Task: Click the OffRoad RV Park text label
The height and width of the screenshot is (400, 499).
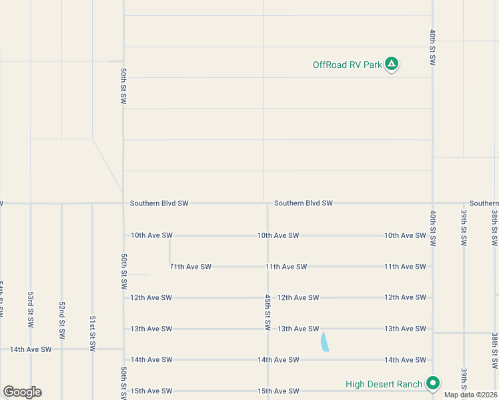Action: click(348, 65)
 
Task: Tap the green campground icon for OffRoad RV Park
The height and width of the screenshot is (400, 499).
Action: click(392, 65)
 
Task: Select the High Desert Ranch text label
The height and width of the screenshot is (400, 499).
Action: click(384, 384)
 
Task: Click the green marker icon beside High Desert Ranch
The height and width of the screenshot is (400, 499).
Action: click(433, 383)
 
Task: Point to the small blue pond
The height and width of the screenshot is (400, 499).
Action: click(324, 342)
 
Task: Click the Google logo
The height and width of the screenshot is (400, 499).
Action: click(22, 391)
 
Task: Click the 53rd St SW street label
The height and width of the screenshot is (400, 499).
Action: click(31, 309)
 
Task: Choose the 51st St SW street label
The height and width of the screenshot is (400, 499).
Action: click(92, 333)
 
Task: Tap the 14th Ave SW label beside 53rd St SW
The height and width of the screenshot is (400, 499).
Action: click(30, 349)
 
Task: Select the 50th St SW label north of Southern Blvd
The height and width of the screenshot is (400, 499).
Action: click(123, 85)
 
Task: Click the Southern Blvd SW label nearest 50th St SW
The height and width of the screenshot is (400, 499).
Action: click(159, 203)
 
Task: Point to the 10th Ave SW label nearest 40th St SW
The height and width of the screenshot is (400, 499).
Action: click(405, 235)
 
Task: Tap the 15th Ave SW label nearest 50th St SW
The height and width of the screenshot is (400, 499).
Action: click(151, 391)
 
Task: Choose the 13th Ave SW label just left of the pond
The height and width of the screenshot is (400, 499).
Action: click(298, 329)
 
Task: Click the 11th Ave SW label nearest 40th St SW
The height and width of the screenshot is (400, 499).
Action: click(405, 267)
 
